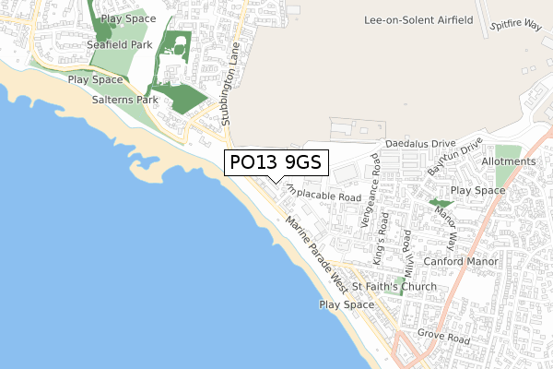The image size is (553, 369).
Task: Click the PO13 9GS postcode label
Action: click(275, 163)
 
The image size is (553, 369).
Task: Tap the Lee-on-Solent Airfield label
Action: click(418, 19)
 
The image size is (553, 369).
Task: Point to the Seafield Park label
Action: click(119, 43)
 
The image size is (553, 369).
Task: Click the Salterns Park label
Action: click(124, 99)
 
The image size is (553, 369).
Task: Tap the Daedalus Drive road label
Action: click(420, 144)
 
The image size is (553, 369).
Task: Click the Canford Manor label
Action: click(461, 262)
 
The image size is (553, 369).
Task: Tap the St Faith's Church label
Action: click(394, 286)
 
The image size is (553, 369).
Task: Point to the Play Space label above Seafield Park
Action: click(128, 18)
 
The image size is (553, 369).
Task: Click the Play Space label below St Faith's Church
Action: click(347, 304)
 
